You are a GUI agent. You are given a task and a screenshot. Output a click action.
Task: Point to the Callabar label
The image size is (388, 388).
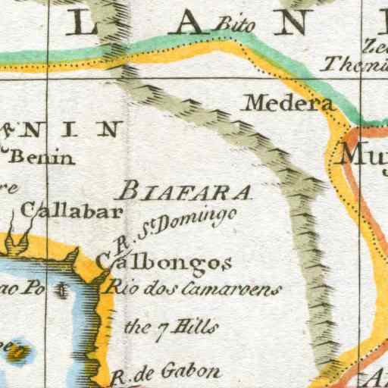tap(72, 211)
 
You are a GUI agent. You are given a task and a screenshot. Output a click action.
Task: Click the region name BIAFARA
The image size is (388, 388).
tap(186, 190)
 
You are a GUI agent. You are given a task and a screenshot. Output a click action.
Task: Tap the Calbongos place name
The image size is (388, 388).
tap(164, 262)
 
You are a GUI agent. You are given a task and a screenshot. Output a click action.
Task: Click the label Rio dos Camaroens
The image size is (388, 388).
tap(192, 288)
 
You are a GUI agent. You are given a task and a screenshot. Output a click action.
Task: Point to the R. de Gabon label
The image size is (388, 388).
tap(165, 372)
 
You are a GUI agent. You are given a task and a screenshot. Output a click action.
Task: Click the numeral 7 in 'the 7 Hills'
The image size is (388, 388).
tap(149, 327)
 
